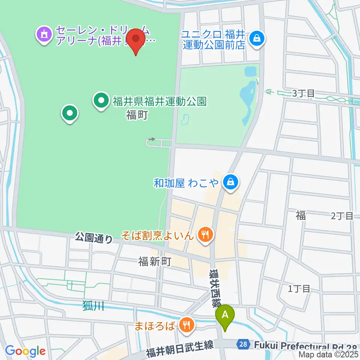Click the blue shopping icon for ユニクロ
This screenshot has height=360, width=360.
257,38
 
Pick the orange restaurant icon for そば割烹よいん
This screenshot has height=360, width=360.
205,235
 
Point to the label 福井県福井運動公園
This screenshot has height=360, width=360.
160,101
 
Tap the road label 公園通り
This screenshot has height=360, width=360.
94,237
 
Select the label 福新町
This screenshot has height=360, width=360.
154,261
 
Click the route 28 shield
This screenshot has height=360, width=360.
243,344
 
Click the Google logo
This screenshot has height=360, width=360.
25,351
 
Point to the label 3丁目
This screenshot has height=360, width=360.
303,94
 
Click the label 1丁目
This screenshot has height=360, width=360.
299,288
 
